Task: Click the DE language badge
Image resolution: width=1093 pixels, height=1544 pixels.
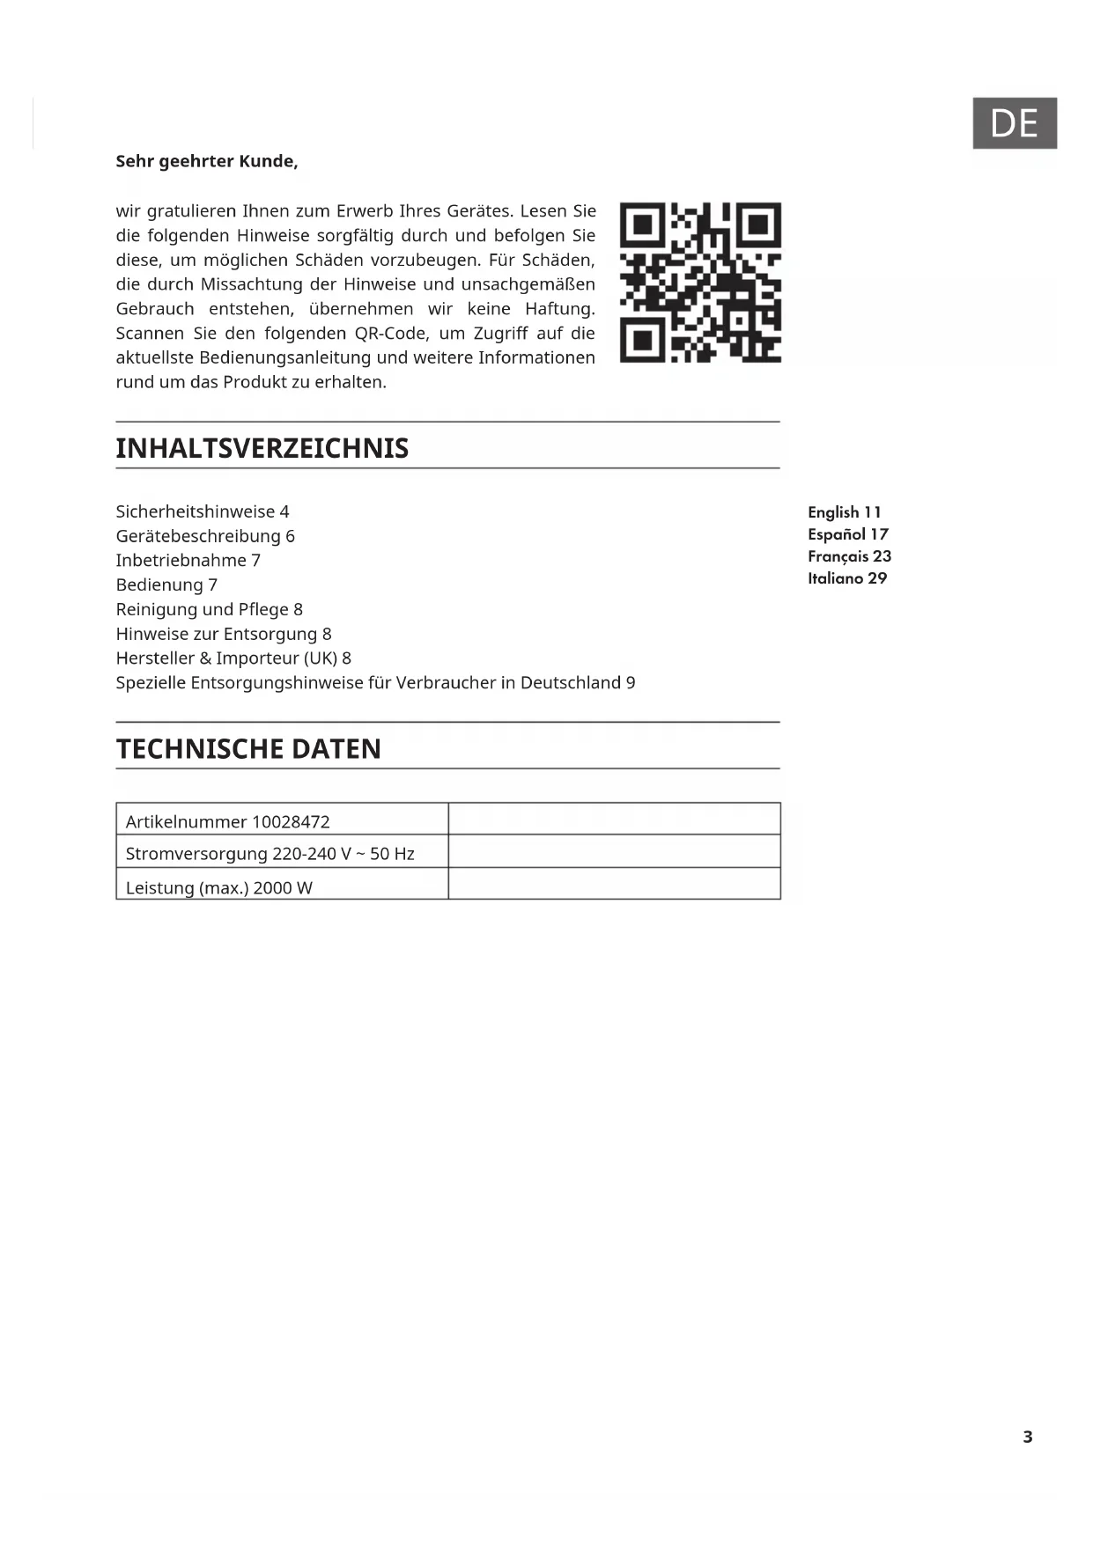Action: point(1014,123)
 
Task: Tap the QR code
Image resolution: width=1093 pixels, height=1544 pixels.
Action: point(700,283)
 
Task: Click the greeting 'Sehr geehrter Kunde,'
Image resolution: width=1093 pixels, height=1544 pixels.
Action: point(207,161)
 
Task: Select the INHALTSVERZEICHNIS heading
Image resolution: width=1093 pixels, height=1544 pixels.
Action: point(262,448)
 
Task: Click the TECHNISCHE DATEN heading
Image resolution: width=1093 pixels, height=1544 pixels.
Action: point(248,749)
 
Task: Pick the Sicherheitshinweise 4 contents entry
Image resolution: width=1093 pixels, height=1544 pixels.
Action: point(203,511)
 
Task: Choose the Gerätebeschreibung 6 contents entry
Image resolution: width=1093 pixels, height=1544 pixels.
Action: point(205,536)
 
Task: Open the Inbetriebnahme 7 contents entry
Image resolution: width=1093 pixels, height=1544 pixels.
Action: point(188,561)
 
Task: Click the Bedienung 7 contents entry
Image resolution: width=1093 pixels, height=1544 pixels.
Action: point(166,585)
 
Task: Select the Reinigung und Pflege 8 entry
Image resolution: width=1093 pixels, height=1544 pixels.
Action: point(210,609)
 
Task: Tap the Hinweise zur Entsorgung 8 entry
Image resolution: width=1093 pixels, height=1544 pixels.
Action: point(224,634)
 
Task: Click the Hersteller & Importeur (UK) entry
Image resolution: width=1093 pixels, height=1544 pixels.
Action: point(233,658)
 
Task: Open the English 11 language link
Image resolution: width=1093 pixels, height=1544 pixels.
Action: point(844,512)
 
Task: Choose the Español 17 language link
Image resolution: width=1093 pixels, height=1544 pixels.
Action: point(848,534)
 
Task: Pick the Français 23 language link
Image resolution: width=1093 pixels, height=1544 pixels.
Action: point(849,556)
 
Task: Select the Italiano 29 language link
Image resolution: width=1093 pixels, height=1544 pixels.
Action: point(847,578)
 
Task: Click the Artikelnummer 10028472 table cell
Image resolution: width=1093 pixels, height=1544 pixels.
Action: point(228,821)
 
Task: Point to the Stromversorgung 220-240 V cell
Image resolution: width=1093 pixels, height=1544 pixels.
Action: point(270,853)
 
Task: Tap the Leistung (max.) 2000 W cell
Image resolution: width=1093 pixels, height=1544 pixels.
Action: point(219,887)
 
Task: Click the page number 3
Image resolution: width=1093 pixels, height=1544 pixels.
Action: point(1027,1437)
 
